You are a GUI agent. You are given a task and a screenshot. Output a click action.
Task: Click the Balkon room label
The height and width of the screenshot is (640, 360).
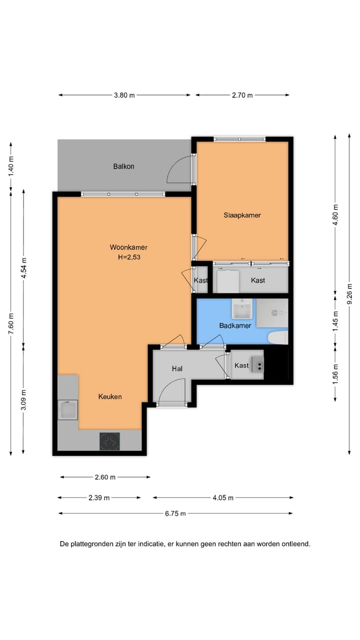pos(123,166)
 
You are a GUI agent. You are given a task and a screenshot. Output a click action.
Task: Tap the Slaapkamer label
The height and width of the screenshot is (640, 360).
pos(242,215)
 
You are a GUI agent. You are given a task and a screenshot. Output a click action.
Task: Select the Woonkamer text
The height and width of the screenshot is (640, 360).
pos(128,247)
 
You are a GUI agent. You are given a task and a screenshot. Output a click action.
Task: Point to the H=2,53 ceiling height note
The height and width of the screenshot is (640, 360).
pos(129,257)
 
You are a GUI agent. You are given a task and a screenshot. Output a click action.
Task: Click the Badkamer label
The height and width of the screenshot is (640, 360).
pos(235,325)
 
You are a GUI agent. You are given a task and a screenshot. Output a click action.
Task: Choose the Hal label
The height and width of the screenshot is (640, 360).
pos(177,368)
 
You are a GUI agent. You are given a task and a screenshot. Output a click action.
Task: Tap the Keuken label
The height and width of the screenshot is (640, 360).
pos(110,396)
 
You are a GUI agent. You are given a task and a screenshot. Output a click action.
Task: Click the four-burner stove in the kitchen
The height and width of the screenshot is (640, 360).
pos(109,441)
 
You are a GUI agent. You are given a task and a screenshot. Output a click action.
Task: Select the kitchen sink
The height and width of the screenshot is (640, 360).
pos(67,409)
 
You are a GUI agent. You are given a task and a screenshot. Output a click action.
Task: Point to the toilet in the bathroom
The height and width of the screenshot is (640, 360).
pos(277,337)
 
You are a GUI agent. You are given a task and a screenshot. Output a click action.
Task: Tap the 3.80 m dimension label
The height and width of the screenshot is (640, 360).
pos(124,95)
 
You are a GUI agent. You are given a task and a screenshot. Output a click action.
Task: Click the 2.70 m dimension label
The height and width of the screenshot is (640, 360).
pos(242,95)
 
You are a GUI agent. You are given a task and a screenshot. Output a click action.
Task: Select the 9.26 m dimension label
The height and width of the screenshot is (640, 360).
pos(349,294)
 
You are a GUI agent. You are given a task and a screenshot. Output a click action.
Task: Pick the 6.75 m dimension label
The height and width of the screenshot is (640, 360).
pos(175,513)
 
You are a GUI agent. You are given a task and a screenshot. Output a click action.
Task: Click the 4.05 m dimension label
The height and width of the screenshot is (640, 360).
pos(223,497)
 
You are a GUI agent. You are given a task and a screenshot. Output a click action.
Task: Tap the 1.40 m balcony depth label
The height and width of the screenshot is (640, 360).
pos(11,166)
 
